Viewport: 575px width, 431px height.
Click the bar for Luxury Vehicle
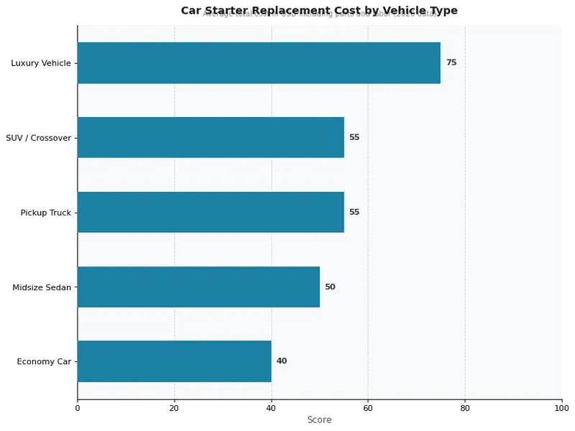coord(259,62)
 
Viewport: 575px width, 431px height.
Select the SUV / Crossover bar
coord(211,137)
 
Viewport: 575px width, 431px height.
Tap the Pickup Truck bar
coord(211,212)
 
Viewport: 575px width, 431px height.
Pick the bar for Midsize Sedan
coord(198,287)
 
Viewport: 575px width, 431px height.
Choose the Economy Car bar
coord(174,361)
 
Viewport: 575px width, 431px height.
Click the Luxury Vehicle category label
coord(41,63)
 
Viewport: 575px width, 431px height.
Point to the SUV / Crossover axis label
coord(38,138)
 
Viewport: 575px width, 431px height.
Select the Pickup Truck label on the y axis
coord(46,213)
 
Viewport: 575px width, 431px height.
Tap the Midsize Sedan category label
coord(42,287)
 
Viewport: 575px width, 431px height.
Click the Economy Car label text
coord(44,362)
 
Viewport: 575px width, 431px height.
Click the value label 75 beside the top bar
coord(451,62)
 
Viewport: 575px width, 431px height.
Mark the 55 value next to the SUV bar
coord(354,137)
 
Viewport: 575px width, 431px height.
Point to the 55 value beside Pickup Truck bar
coord(354,212)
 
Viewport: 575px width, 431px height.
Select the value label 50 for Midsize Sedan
coord(330,287)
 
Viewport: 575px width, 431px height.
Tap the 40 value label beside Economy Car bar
coord(282,361)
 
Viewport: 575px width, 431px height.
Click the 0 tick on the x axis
coord(78,408)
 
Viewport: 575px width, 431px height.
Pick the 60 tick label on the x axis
coord(368,408)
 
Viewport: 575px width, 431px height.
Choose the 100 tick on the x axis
coord(561,408)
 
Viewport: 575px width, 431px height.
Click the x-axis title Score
coord(319,420)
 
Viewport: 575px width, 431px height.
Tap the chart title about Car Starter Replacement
coord(319,10)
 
